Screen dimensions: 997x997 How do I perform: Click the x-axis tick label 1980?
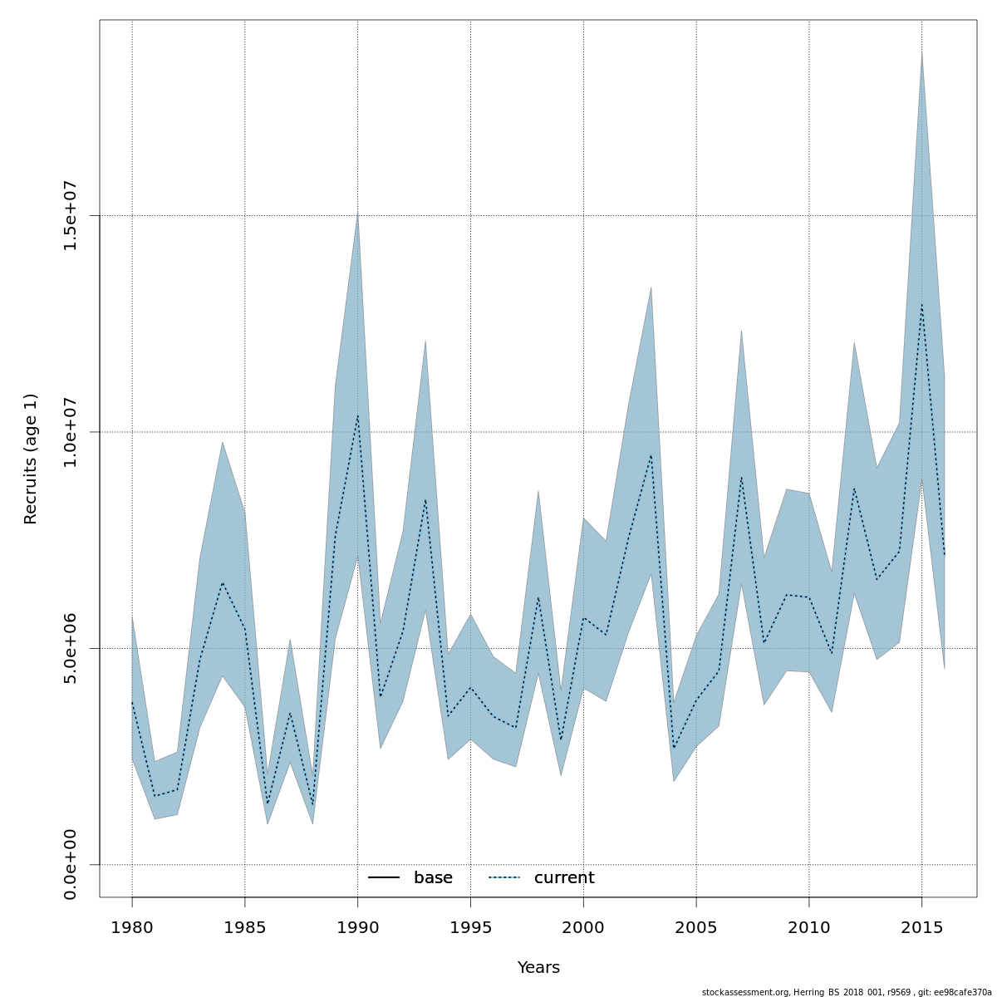coord(132,926)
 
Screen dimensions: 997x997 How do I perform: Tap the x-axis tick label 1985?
coord(245,926)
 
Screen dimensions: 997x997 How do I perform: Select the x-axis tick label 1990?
coord(358,926)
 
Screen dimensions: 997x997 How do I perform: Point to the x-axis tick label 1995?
coord(470,926)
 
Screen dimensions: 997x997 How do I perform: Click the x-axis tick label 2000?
coord(583,926)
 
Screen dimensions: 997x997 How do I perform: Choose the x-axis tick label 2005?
coord(696,926)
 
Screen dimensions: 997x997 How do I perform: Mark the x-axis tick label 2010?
coord(808,926)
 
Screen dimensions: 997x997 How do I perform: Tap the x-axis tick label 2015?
coord(921,926)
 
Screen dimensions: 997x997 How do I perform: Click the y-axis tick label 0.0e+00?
coord(71,864)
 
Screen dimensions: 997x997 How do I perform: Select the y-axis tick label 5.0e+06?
coord(71,648)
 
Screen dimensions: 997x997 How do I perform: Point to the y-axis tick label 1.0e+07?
coord(71,432)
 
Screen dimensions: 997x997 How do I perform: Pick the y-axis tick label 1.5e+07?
coord(71,215)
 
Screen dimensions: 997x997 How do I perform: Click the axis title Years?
coord(538,968)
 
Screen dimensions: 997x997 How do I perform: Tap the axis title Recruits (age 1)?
coord(31,459)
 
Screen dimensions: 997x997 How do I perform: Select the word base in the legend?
coord(433,878)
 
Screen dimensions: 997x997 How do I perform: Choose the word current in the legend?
coord(564,878)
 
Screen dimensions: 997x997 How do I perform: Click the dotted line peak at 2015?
coord(921,306)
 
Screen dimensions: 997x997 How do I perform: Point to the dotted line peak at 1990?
coord(358,415)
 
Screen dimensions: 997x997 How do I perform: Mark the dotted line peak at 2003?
coord(651,455)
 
